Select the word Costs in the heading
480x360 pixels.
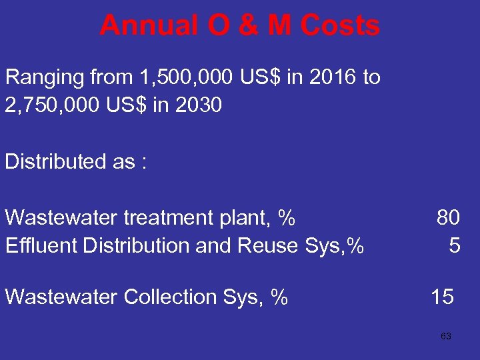tap(340, 27)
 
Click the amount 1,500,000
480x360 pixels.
tap(183, 77)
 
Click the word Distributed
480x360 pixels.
tap(50, 161)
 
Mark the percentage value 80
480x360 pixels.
tap(448, 217)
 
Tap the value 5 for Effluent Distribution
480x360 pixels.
tap(454, 245)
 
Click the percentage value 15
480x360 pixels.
tap(443, 297)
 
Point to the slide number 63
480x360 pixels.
tap(446, 337)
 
